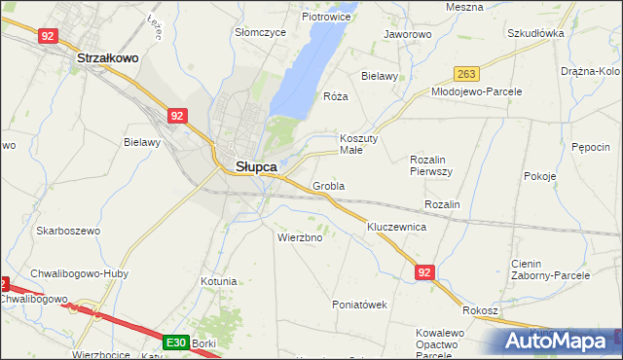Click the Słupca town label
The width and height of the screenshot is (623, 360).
tap(257, 166)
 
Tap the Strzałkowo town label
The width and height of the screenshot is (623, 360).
tap(108, 58)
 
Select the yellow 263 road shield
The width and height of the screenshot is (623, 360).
tap(468, 74)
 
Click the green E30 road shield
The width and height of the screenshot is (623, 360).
tap(175, 342)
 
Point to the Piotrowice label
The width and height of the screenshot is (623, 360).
tap(326, 17)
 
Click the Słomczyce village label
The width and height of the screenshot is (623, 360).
tap(260, 32)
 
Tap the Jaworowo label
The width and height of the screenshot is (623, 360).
tap(408, 34)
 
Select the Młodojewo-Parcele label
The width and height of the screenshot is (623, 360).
tap(477, 91)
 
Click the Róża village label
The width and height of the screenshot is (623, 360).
tap(335, 97)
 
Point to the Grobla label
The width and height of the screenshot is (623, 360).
tap(329, 185)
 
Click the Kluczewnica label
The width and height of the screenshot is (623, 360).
tap(397, 227)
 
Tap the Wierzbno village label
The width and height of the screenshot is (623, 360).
tap(300, 237)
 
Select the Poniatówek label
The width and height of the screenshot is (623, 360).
tap(360, 305)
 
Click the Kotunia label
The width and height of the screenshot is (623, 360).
tap(218, 281)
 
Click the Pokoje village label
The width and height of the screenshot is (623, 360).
tap(539, 176)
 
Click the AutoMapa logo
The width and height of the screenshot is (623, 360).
tap(560, 342)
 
